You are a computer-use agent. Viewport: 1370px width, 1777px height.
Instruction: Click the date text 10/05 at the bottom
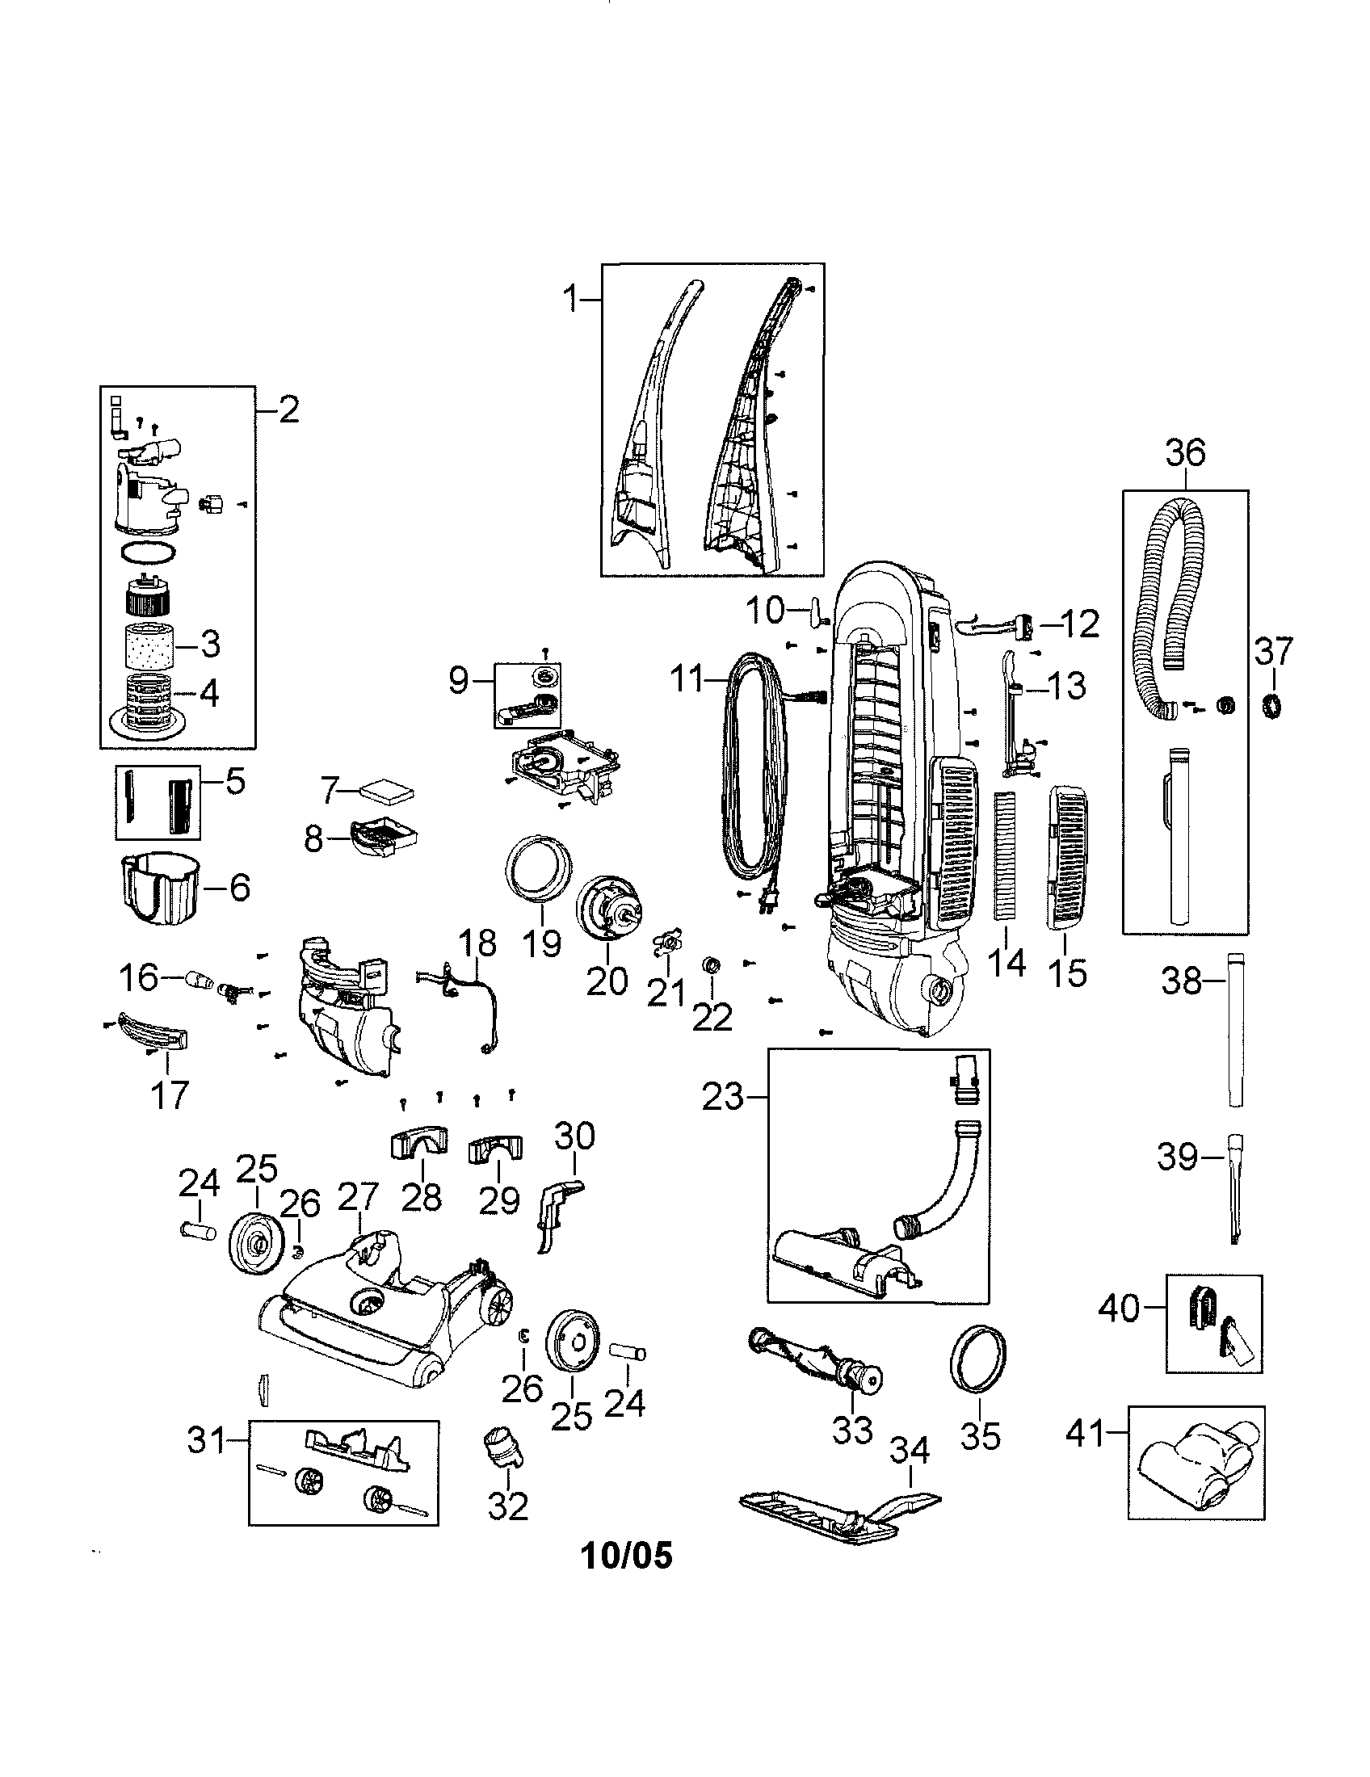click(x=626, y=1556)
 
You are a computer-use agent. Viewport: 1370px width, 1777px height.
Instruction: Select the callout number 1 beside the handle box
click(x=572, y=300)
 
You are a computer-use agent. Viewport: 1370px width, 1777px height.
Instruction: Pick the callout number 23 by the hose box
click(x=724, y=1098)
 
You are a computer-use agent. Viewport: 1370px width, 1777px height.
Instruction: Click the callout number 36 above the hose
click(x=1184, y=452)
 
